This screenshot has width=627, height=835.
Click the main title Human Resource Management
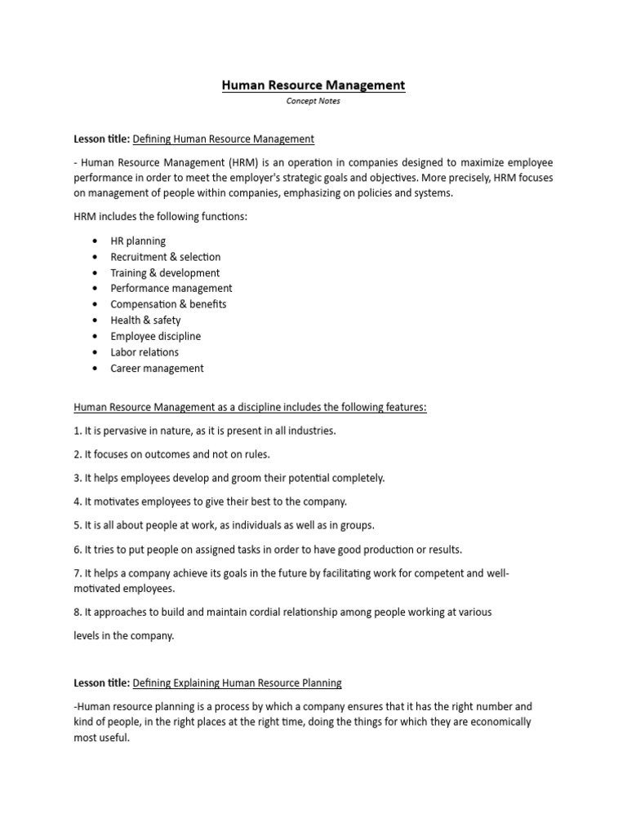click(313, 85)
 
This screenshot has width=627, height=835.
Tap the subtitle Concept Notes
click(313, 101)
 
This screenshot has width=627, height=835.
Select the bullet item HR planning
click(138, 241)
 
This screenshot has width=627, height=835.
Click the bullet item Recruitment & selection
click(166, 257)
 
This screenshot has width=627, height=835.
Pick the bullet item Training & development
click(165, 273)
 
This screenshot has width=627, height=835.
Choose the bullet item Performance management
click(171, 288)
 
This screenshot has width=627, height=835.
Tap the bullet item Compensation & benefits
click(168, 304)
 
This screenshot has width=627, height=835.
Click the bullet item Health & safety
click(145, 320)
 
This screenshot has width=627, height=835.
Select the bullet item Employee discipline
click(155, 336)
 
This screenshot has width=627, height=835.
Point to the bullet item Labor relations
click(145, 352)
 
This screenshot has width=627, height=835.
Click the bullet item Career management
click(157, 368)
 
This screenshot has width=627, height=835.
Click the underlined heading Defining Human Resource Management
click(223, 139)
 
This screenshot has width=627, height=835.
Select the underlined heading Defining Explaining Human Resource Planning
click(237, 683)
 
